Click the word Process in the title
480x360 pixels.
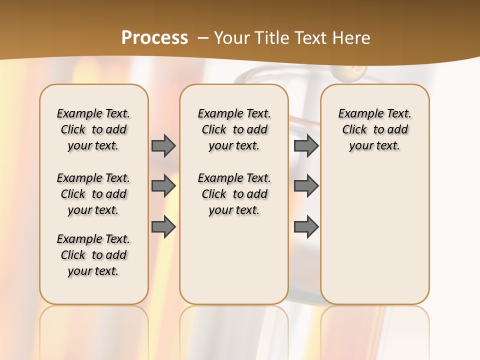pos(154,37)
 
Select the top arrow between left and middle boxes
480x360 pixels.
pos(163,145)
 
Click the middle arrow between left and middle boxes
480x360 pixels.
pos(163,186)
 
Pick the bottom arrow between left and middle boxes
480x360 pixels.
pos(163,227)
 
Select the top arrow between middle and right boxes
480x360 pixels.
pos(306,145)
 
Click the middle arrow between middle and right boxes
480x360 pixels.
pos(306,186)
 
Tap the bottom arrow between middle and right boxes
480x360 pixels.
pos(306,227)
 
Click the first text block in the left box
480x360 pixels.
pos(93,129)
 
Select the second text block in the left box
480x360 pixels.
pos(93,194)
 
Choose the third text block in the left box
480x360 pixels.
pos(93,255)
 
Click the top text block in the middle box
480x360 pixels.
pos(234,129)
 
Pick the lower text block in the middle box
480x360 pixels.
pos(234,194)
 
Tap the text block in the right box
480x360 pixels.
pos(374,129)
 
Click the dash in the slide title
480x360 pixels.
pos(203,38)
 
